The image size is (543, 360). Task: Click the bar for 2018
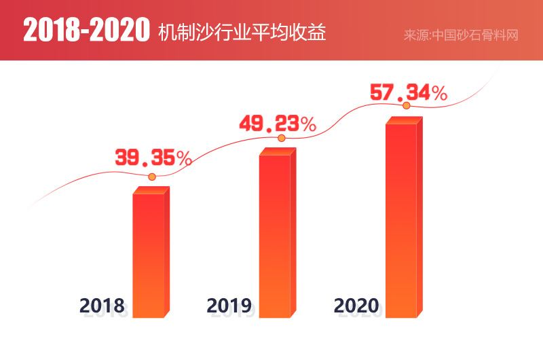[149, 255]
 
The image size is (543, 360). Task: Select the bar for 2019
[275, 236]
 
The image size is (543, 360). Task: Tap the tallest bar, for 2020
[401, 221]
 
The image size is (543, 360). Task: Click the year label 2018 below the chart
[102, 306]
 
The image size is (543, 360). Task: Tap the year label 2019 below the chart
[229, 306]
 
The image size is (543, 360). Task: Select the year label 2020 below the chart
[356, 306]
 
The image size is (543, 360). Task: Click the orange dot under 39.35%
[152, 177]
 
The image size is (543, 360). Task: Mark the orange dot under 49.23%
[281, 139]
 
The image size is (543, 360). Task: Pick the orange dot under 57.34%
[407, 106]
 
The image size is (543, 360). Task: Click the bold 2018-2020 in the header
[86, 31]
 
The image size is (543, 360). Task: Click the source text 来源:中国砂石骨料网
[461, 35]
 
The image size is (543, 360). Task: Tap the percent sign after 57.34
[438, 93]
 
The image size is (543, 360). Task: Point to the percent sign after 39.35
[183, 159]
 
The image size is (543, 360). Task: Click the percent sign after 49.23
[308, 125]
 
